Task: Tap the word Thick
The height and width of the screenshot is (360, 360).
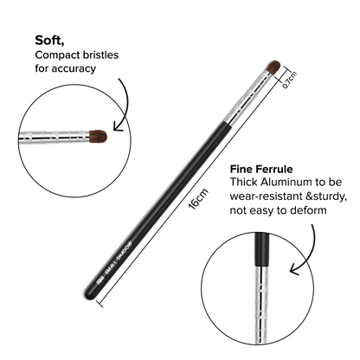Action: point(247,183)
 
